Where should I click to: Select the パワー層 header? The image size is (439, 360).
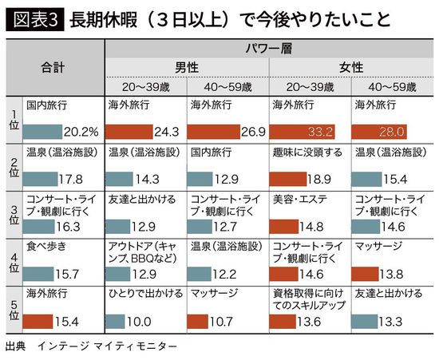(x=269, y=49)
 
